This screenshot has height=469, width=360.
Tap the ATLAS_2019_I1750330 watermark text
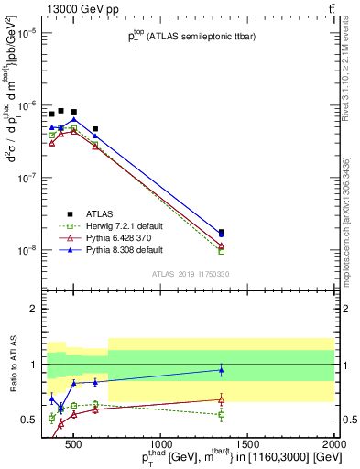(189, 273)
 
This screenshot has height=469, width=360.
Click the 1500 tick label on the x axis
(247, 445)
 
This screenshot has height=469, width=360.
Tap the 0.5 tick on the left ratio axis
(29, 420)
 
